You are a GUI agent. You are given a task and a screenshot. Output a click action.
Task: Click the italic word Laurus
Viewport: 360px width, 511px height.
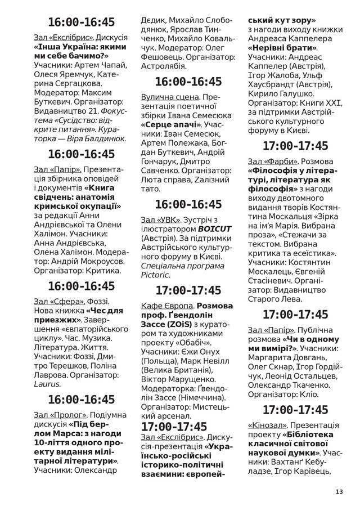pyautogui.click(x=47, y=384)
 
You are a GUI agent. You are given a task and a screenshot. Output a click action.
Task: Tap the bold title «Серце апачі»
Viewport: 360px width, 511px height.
pyautogui.click(x=171, y=124)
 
